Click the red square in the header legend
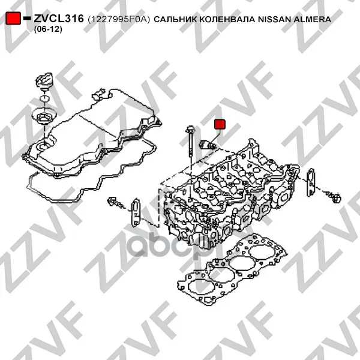13,19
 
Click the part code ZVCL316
59,19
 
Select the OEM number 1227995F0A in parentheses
118,20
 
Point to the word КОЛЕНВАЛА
227,20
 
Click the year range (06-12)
48,29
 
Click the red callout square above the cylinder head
220,124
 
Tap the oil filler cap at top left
44,81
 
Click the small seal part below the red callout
208,145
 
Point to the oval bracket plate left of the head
136,213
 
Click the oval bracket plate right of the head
311,182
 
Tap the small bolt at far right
334,197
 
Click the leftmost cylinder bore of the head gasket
199,287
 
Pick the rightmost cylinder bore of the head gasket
262,251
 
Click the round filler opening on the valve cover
43,145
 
